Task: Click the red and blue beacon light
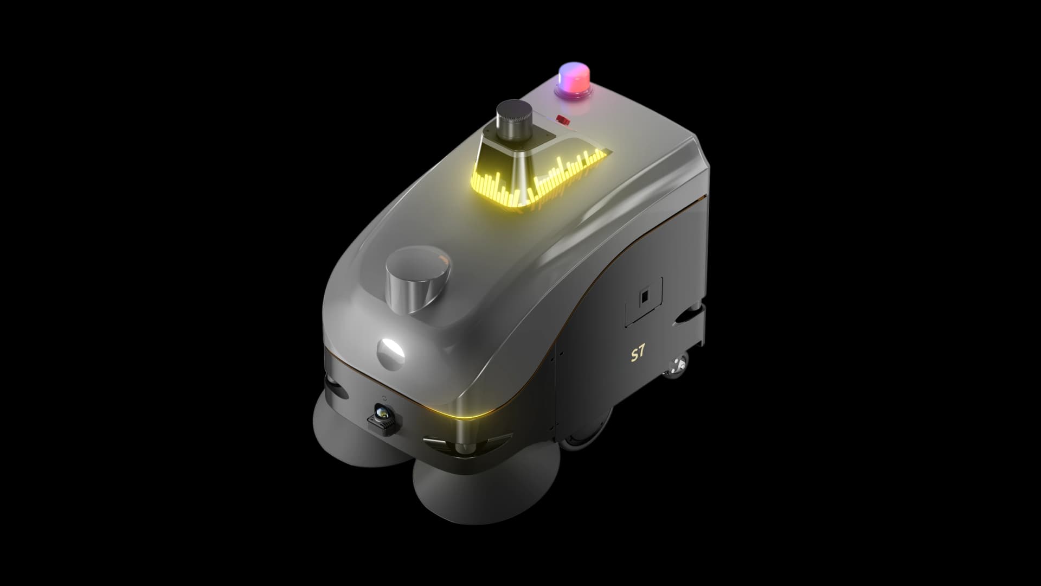574,81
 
